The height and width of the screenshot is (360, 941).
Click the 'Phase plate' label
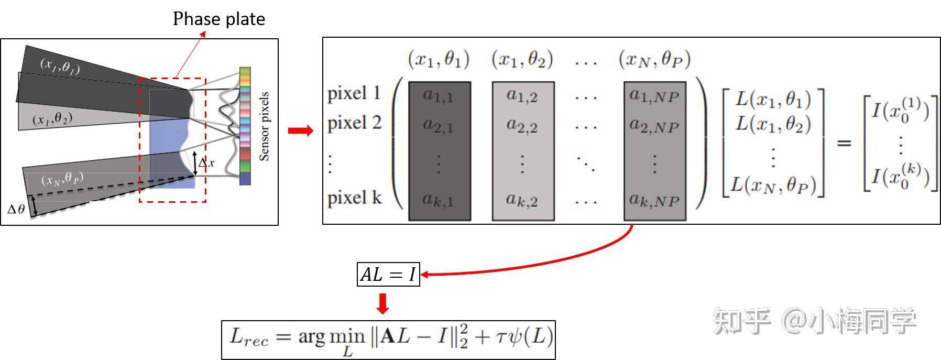coord(218,19)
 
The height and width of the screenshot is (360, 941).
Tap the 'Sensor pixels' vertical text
coord(264,126)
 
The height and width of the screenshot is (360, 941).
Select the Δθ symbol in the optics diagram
coord(16,209)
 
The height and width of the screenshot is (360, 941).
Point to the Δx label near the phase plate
coord(206,163)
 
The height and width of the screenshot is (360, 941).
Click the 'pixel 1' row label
coord(354,94)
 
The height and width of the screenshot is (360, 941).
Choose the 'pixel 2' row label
coord(354,123)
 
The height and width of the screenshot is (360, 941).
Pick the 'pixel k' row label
coord(354,198)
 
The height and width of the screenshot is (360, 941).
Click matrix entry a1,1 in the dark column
coord(438,96)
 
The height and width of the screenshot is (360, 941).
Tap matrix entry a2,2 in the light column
coord(522,126)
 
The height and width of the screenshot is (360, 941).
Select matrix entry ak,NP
coord(654,200)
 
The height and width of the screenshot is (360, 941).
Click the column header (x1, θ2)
coord(522,60)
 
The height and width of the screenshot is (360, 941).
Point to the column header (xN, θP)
coord(654,60)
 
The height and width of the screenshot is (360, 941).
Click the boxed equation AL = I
coord(388,274)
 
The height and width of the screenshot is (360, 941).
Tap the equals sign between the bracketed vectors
coord(844,143)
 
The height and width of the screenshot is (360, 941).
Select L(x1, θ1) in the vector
coord(773,100)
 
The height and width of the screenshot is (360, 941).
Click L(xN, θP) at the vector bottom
coord(773,185)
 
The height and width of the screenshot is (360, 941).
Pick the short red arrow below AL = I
coord(383,303)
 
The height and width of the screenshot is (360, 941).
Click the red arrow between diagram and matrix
coord(300,130)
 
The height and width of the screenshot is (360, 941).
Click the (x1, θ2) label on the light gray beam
coord(52,119)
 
